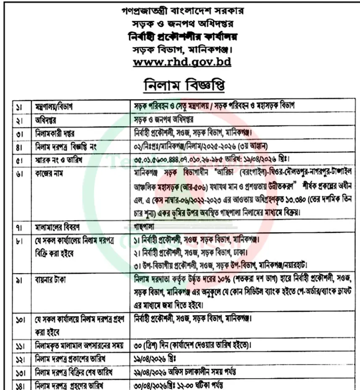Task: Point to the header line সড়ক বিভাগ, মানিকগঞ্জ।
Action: coord(181,49)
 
